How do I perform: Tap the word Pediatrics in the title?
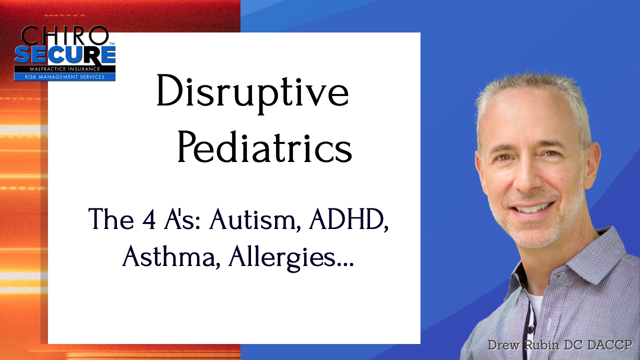(x=265, y=146)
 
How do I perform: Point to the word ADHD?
(x=348, y=219)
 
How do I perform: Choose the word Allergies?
(x=281, y=256)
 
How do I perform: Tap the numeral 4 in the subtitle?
(x=148, y=219)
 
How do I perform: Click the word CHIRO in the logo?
(x=65, y=35)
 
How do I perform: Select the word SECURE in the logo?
(x=65, y=55)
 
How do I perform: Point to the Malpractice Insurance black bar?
(x=65, y=69)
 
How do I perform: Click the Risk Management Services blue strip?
(x=65, y=76)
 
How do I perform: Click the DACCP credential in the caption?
(x=608, y=345)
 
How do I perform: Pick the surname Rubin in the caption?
(x=542, y=345)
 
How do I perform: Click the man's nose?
(x=528, y=180)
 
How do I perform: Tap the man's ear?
(x=591, y=165)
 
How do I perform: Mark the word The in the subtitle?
(x=111, y=219)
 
